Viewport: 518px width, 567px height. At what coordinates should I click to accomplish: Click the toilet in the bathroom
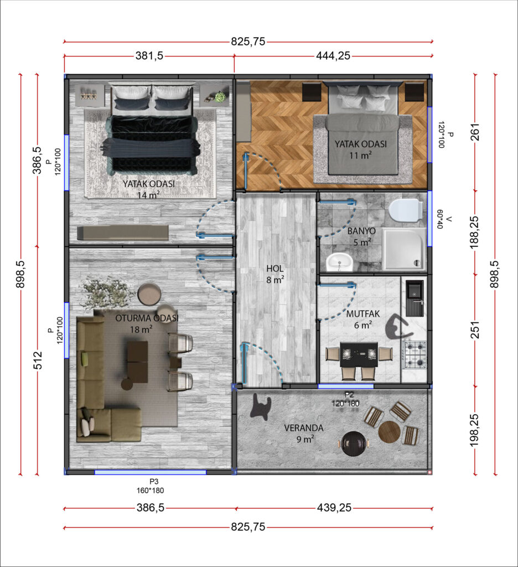[406, 210]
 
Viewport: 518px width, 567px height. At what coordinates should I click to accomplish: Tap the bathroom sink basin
[339, 262]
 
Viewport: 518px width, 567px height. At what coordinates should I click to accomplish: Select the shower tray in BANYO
[404, 249]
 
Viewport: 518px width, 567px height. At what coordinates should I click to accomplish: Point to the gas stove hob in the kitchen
[415, 354]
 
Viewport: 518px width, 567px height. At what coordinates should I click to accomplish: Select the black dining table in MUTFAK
[359, 355]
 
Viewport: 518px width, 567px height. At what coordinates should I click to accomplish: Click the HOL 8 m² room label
[275, 274]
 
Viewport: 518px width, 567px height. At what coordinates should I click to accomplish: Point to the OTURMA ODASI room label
[147, 318]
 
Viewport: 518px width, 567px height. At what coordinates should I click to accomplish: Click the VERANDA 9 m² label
[304, 433]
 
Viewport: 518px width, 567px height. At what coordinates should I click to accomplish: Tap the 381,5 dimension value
[149, 56]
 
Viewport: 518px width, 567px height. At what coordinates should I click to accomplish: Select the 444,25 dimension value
[333, 56]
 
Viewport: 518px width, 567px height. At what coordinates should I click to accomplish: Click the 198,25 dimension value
[475, 430]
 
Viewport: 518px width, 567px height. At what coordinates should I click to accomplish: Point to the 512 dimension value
[38, 360]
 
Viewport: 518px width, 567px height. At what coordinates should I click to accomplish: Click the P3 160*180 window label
[151, 486]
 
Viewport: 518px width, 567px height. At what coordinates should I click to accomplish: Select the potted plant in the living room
[103, 293]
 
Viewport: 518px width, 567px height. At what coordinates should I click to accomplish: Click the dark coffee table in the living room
[137, 362]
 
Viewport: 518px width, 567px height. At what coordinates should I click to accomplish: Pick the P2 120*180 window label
[346, 400]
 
